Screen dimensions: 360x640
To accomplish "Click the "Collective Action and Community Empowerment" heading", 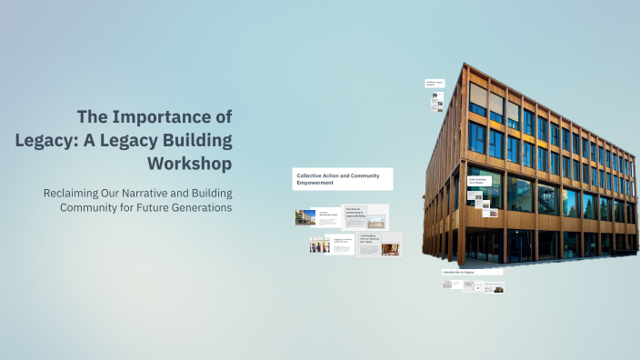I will pyautogui.click(x=343, y=178).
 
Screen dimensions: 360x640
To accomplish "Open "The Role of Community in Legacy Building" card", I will pyautogui.click(x=365, y=216).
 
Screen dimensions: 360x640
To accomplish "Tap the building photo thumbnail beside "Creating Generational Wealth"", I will pyautogui.click(x=305, y=217).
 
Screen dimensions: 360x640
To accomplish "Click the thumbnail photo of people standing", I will pyautogui.click(x=317, y=245).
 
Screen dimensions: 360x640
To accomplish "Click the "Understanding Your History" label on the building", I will pyautogui.click(x=480, y=181).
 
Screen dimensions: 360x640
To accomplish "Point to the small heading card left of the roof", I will pyautogui.click(x=435, y=84).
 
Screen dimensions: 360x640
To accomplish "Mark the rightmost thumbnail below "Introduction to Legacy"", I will pyautogui.click(x=495, y=287).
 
